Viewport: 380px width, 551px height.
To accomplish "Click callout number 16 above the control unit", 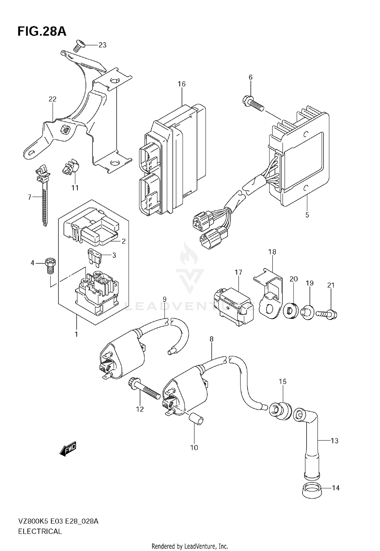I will pyautogui.click(x=181, y=84).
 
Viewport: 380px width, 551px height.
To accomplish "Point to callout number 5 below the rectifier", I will pyautogui.click(x=307, y=215).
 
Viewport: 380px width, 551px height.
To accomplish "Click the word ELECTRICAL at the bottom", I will pyautogui.click(x=40, y=531).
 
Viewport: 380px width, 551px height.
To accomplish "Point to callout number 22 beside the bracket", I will pyautogui.click(x=52, y=99).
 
